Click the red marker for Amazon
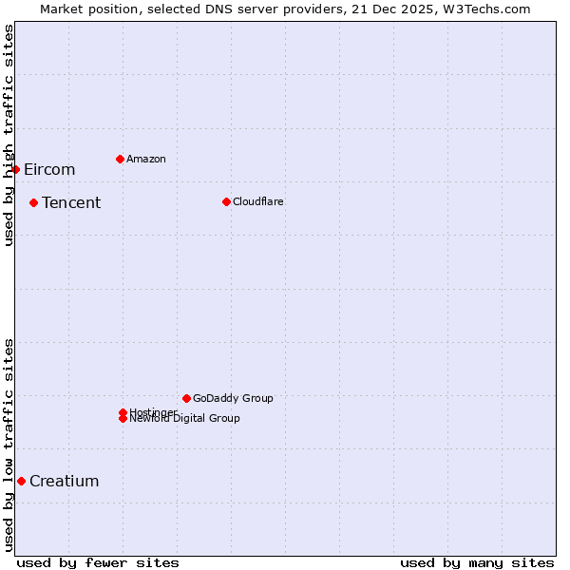(x=120, y=159)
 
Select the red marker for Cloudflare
(x=226, y=201)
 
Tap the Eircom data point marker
(x=16, y=169)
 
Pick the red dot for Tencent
(x=33, y=202)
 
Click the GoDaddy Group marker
(x=186, y=398)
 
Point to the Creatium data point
(x=21, y=481)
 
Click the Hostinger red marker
(x=123, y=412)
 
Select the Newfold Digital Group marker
(x=123, y=419)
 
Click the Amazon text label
(x=146, y=159)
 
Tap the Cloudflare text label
(x=258, y=201)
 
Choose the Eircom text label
(x=49, y=169)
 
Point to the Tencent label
(x=71, y=202)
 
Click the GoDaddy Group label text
(x=233, y=398)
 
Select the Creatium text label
(x=65, y=481)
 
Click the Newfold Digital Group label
(x=186, y=419)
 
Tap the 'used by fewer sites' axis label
(x=98, y=562)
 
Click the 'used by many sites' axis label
(x=477, y=562)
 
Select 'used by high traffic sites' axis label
(x=9, y=135)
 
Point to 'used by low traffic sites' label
(x=9, y=445)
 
